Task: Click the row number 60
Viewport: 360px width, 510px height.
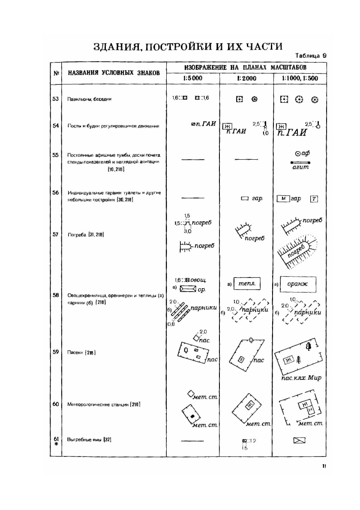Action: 55,404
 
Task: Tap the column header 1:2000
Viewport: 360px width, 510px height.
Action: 246,78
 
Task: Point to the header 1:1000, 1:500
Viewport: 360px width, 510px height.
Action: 299,78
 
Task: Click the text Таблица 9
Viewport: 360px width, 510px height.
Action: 311,56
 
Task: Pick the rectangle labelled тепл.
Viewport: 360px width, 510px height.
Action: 246,283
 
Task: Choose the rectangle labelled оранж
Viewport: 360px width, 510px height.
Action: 299,283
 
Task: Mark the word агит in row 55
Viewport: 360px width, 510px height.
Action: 300,168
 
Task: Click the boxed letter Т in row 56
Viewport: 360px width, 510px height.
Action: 314,199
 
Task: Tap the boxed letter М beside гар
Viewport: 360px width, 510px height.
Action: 283,199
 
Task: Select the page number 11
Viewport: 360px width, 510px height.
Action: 324,466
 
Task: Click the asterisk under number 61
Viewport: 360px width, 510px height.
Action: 55,445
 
